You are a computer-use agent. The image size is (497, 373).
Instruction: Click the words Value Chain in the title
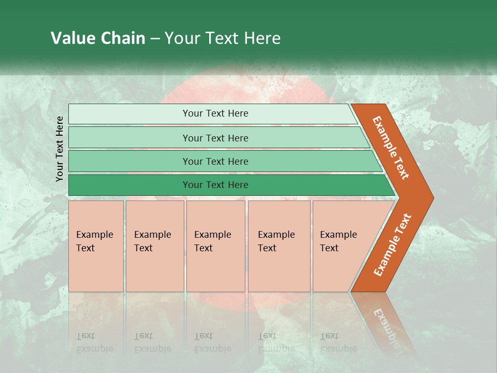[98, 38]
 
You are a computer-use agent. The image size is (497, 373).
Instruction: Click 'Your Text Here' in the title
[223, 38]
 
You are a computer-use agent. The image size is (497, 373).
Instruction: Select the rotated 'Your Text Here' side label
[60, 149]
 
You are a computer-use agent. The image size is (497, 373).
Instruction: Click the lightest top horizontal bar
[212, 113]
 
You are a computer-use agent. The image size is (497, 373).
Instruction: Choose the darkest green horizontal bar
[228, 185]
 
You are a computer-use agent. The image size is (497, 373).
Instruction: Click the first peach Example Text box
[96, 246]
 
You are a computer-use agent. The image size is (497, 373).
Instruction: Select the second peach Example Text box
[154, 246]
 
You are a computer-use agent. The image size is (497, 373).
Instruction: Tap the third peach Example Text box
[215, 246]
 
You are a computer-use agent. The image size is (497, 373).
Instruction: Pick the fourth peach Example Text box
[279, 246]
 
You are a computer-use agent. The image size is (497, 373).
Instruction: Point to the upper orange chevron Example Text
[391, 148]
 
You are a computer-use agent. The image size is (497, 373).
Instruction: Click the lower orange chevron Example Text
[392, 245]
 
